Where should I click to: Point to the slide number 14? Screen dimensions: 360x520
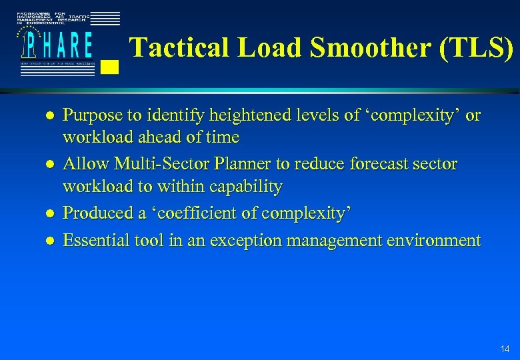click(x=505, y=349)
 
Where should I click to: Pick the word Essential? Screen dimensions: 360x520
click(x=92, y=241)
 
